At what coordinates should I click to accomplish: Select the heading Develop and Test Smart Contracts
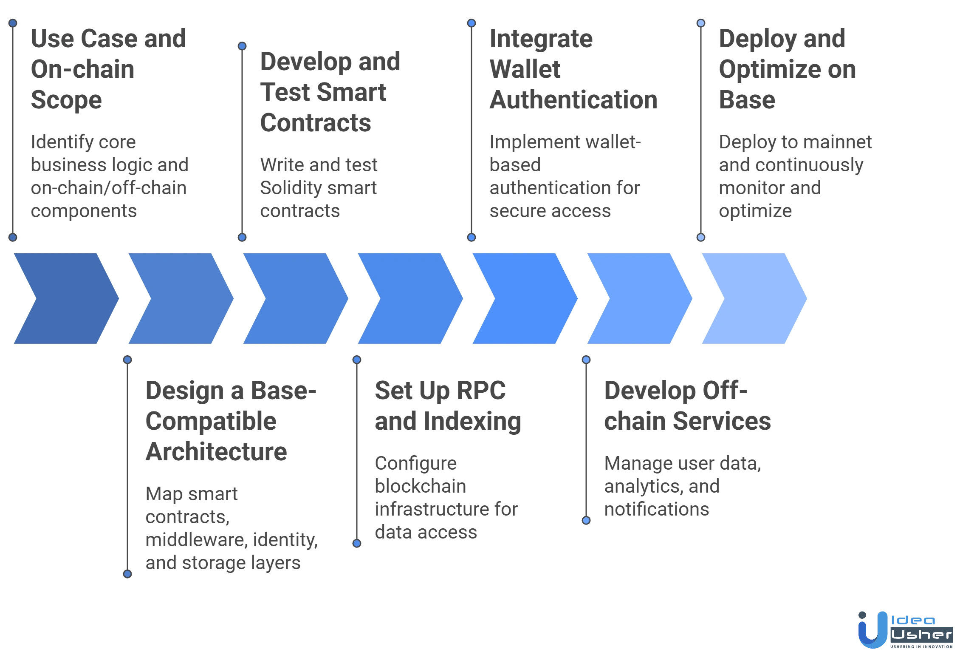point(329,92)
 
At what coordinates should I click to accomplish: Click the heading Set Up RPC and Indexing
point(448,406)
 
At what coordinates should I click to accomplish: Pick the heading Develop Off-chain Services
point(687,406)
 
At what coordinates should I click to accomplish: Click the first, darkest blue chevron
point(66,298)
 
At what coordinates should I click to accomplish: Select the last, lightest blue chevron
point(754,298)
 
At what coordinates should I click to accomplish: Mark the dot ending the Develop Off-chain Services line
point(586,520)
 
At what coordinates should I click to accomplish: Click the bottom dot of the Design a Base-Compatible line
point(127,574)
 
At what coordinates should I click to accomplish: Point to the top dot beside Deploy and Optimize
point(701,23)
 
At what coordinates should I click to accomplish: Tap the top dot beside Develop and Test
point(242,46)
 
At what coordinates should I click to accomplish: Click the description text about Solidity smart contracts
point(319,188)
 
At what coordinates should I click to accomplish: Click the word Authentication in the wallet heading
point(573,99)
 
